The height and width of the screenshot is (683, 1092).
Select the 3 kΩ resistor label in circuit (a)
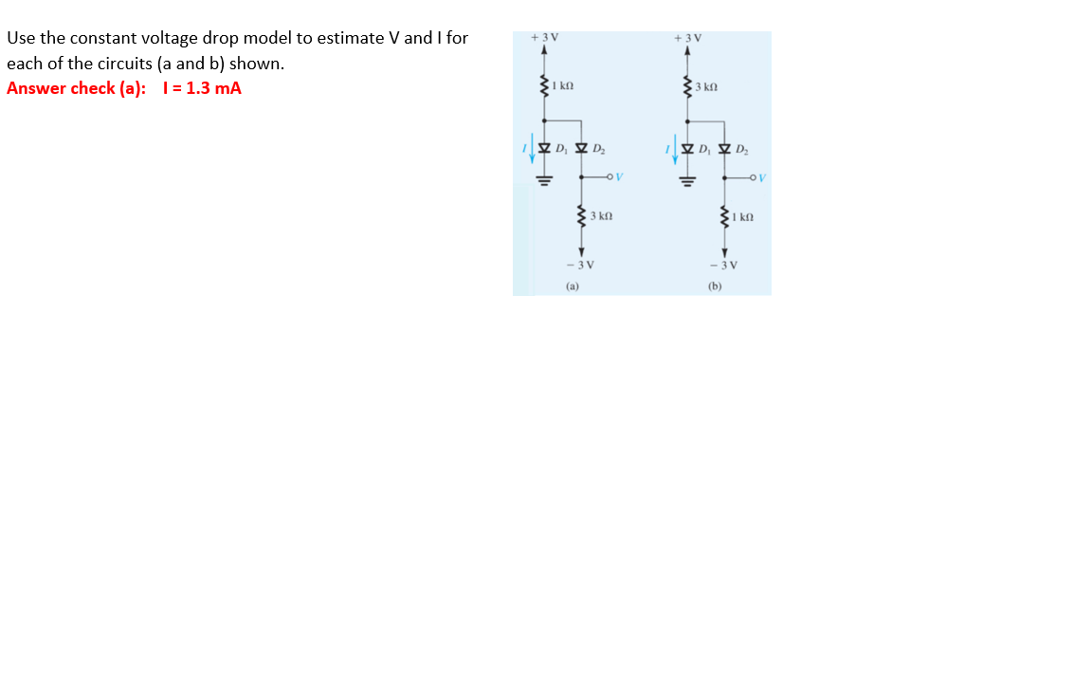[x=601, y=217]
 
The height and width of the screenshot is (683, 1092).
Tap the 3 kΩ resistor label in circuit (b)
[x=706, y=87]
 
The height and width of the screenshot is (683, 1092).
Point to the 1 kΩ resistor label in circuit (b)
[x=742, y=217]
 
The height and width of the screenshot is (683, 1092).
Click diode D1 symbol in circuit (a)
[x=544, y=148]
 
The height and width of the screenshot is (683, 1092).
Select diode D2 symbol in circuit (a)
[x=581, y=148]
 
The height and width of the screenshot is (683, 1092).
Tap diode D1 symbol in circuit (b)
[x=687, y=148]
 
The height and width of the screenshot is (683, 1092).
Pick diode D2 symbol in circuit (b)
[x=724, y=148]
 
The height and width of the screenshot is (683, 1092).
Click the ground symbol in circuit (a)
[x=544, y=178]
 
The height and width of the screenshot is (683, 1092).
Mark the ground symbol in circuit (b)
[x=687, y=178]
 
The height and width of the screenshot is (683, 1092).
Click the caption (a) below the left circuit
[x=573, y=285]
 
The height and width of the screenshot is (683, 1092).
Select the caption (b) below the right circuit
[x=715, y=285]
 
